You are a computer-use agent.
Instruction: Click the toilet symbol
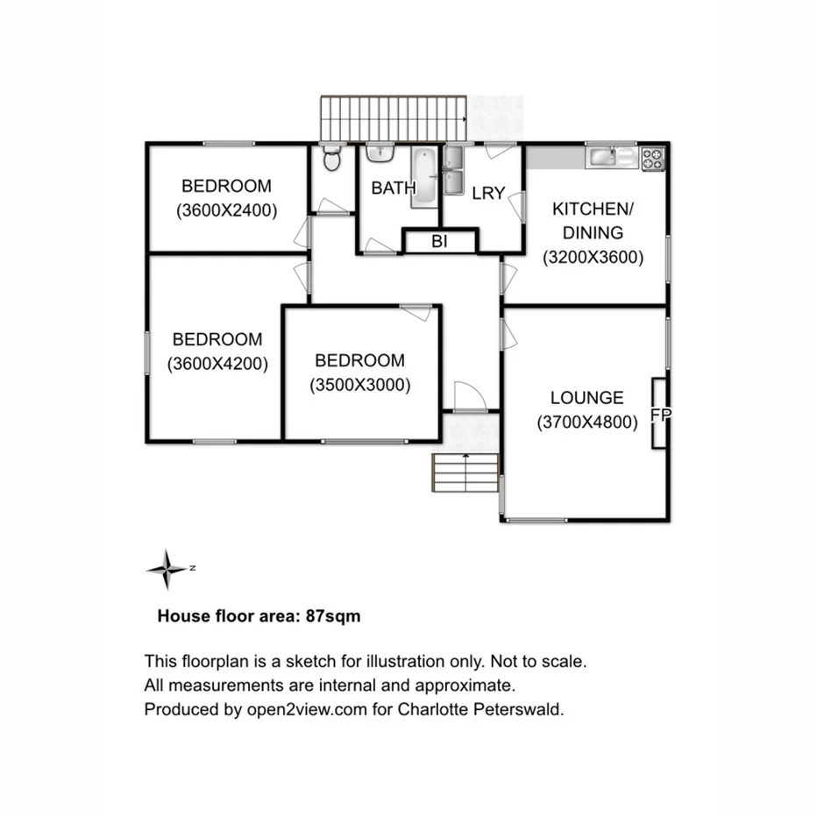click(331, 160)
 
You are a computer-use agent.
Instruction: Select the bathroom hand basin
click(379, 154)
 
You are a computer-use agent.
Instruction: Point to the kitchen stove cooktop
click(653, 159)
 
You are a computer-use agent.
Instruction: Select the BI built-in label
click(439, 242)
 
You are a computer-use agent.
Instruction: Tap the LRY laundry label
click(488, 193)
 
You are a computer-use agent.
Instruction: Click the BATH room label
click(387, 188)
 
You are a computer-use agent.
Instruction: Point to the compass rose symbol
click(167, 569)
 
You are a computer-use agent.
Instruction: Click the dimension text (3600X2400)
click(226, 210)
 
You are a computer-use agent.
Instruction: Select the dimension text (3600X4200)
click(217, 364)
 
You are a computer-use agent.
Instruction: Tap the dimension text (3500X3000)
click(359, 384)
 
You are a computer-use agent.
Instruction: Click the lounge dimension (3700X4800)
click(586, 423)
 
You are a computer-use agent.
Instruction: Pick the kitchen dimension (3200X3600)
click(593, 258)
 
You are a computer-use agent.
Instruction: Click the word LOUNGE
click(586, 398)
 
